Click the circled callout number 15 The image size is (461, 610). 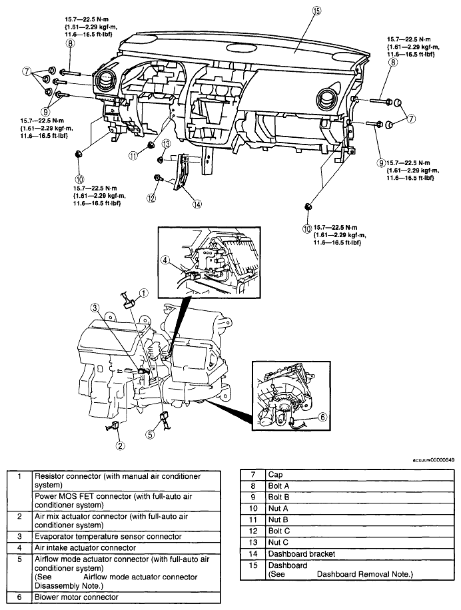(x=316, y=11)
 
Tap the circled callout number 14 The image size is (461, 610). (x=197, y=204)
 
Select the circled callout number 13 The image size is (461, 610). (x=166, y=145)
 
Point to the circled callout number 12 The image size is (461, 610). (x=151, y=198)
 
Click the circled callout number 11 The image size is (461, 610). (x=134, y=156)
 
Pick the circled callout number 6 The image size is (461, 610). (x=322, y=417)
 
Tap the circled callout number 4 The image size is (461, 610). (x=166, y=260)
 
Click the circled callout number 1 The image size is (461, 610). (x=144, y=293)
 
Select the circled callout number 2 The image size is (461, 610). (x=121, y=446)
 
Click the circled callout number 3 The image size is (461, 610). (x=95, y=308)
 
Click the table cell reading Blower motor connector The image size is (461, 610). (x=127, y=597)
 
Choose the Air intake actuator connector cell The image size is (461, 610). (x=127, y=548)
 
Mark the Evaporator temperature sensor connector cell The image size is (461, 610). (x=127, y=537)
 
